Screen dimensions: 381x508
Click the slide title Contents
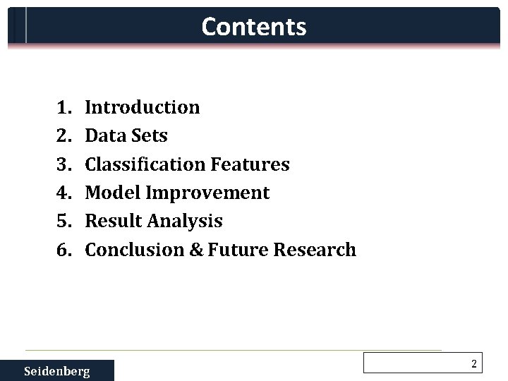point(254,27)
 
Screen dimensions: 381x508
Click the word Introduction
point(143,108)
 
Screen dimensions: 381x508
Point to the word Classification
point(145,164)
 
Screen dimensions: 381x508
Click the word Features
point(250,164)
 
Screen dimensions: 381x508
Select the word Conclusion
point(132,250)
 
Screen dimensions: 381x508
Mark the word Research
point(316,250)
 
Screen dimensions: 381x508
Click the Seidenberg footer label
point(57,371)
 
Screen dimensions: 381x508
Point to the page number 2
point(474,364)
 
